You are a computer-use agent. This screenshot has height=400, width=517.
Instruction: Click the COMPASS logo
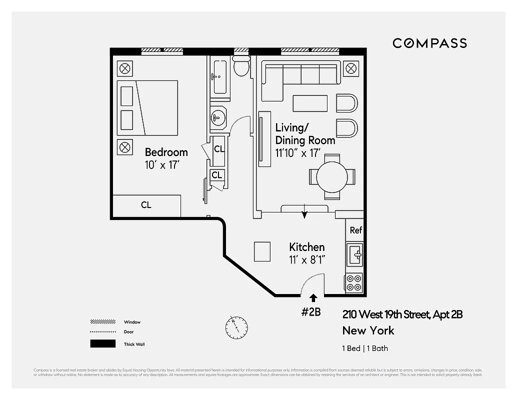coord(429,43)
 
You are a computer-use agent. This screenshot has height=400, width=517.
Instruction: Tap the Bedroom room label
coord(166,152)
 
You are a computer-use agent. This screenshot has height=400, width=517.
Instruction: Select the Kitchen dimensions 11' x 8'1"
coord(306,260)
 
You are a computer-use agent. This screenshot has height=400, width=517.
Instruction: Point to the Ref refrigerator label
coord(355,230)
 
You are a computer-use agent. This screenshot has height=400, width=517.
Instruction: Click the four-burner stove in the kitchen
coord(354,283)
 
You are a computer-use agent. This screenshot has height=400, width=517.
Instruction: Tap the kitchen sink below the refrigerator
coord(354,255)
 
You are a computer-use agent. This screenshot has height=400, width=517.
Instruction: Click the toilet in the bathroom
coord(241,65)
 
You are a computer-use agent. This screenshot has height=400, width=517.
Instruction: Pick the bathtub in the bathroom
coord(219,76)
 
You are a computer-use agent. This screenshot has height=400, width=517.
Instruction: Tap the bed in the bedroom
coord(147,107)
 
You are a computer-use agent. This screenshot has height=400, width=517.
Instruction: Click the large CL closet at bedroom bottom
coord(146,205)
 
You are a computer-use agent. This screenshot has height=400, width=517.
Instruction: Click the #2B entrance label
coord(310,312)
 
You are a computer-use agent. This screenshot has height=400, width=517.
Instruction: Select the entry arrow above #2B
coord(313,298)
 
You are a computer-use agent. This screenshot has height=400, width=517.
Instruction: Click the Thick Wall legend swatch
coord(102,344)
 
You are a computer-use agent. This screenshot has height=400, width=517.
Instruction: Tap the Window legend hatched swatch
coord(102,322)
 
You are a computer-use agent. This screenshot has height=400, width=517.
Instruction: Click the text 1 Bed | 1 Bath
coord(365,348)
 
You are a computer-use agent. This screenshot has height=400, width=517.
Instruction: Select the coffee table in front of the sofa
coord(310,103)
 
